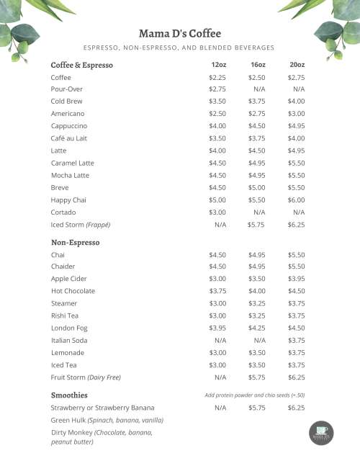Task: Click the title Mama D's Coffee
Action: pos(179,33)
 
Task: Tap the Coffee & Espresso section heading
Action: pos(82,65)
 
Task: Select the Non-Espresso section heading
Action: pos(75,242)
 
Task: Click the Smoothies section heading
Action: pos(69,395)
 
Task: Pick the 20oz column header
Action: pos(296,65)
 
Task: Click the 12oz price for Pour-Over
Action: pos(217,89)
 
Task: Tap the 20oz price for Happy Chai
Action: pos(296,200)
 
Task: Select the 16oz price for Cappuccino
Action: pos(256,126)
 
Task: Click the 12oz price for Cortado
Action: pos(217,212)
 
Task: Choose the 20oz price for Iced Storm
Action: pos(296,225)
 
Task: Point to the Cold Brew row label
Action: pos(67,102)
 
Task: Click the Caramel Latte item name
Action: pos(73,163)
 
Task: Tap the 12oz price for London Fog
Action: pos(217,328)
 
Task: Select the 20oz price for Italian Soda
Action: pos(296,341)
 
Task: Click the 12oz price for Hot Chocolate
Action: pos(217,291)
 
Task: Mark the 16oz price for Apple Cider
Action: pos(256,279)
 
